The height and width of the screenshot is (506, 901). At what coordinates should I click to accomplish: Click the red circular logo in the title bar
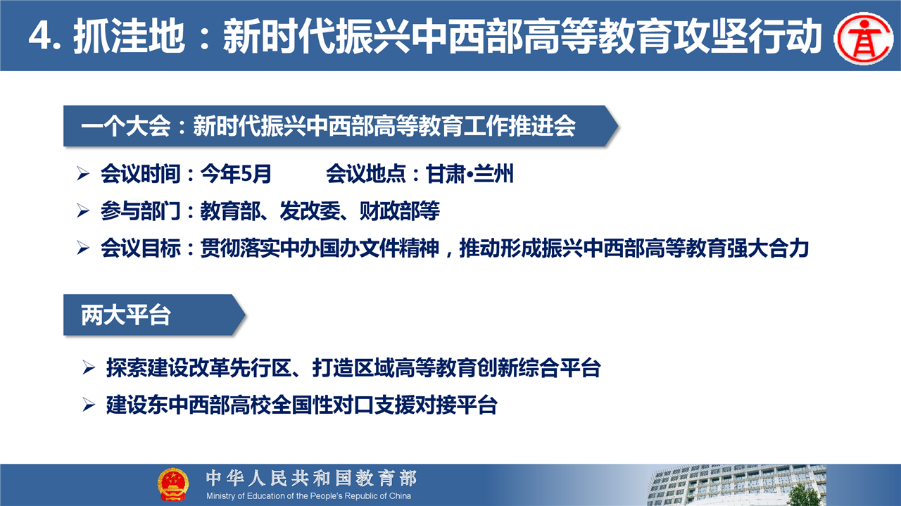point(864,38)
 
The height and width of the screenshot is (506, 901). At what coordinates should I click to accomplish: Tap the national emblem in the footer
point(173,485)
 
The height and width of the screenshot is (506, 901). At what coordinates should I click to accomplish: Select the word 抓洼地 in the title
point(129,37)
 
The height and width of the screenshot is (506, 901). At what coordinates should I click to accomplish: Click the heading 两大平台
point(126,315)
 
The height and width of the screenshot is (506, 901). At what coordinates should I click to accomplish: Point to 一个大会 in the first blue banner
point(126,126)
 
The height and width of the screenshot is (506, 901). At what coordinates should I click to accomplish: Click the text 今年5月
point(236,174)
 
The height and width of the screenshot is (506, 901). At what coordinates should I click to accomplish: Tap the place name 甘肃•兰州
point(470,174)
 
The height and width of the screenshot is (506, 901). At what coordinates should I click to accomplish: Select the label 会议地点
point(365,174)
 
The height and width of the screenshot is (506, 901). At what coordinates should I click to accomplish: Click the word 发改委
point(310,210)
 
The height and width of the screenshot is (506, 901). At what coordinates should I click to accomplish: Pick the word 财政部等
point(399,210)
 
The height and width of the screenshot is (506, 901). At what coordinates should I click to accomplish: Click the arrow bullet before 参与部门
point(83,211)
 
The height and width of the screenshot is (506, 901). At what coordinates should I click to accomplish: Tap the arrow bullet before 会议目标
point(83,248)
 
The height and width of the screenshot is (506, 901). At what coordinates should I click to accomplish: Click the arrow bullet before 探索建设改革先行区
point(89,368)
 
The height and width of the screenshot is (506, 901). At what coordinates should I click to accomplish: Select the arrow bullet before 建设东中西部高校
point(89,405)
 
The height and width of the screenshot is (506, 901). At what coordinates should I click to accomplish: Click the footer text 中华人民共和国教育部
point(312,479)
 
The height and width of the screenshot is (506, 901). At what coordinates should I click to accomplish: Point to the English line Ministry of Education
point(308,496)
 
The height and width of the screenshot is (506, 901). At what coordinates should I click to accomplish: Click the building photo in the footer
point(737,485)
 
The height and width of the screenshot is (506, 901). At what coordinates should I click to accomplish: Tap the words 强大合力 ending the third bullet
point(768,248)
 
